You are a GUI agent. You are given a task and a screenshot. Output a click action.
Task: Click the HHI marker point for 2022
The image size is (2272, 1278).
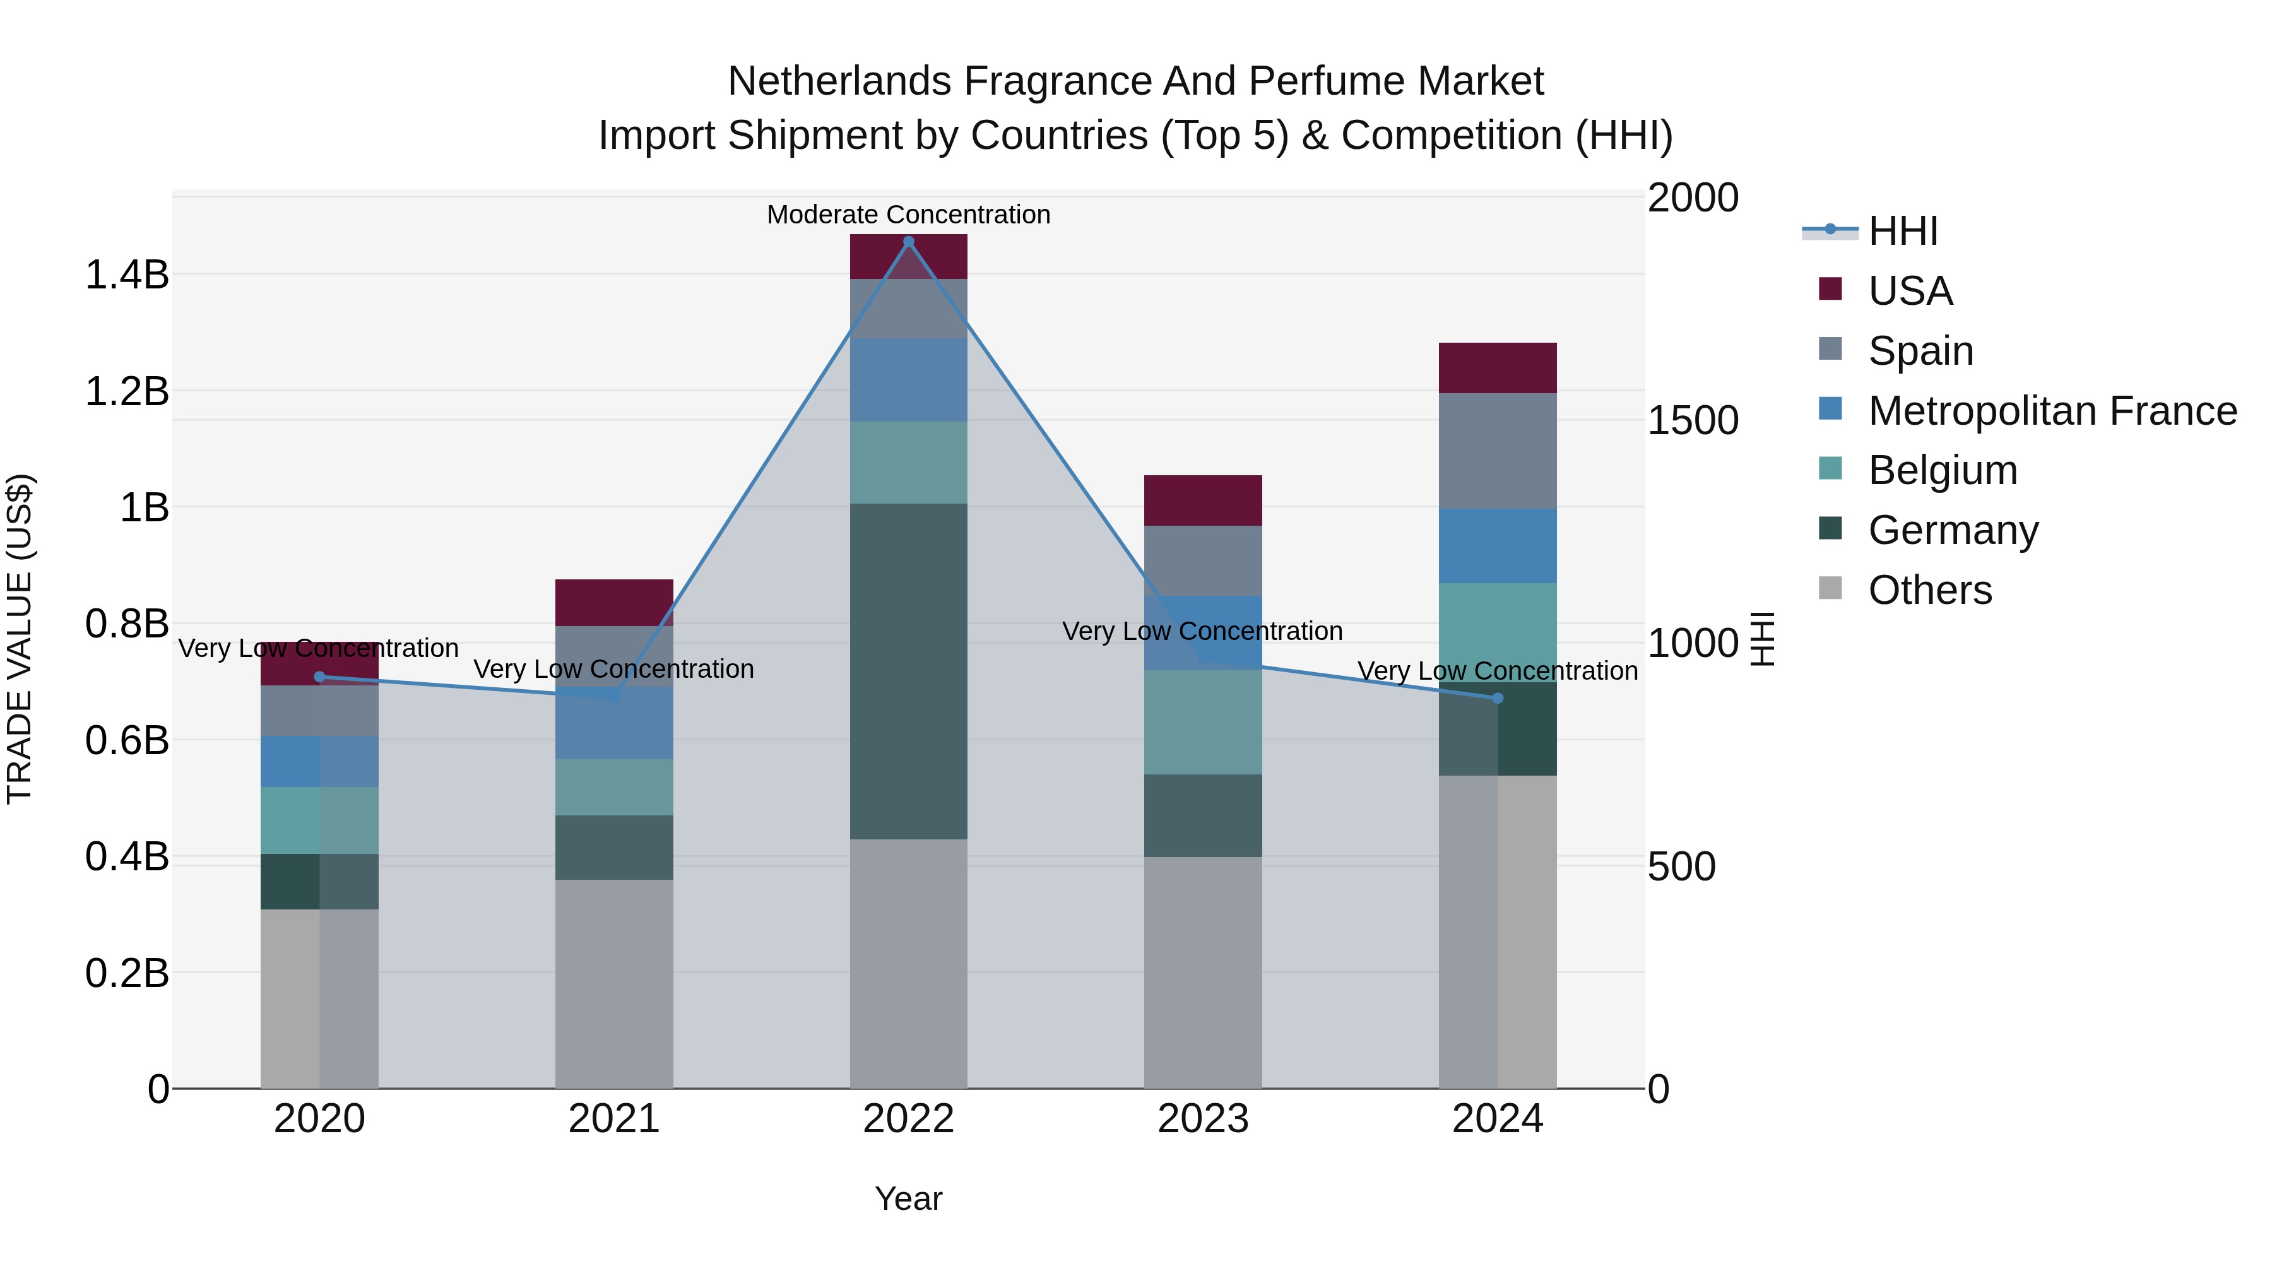coord(908,242)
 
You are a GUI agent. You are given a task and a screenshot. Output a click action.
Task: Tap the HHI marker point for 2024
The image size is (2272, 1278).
coord(1498,699)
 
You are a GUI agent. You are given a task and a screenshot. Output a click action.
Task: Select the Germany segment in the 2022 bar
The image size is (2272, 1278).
coord(908,670)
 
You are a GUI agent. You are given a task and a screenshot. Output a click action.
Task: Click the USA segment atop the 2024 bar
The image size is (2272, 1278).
coord(1498,368)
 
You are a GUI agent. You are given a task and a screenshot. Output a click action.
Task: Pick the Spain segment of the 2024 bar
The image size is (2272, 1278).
coord(1498,451)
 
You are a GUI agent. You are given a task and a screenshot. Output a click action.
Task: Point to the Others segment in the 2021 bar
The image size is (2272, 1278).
coord(614,983)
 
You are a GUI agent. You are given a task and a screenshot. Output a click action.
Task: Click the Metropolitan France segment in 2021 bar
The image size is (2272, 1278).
coord(614,723)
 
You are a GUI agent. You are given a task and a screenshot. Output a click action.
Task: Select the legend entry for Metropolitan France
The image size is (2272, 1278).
coord(2052,411)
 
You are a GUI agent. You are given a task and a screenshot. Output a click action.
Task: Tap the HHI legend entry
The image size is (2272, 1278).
coord(1902,231)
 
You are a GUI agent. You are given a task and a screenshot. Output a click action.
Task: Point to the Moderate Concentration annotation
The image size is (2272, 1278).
coord(908,215)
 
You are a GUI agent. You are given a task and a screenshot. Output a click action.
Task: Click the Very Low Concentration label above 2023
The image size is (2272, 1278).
coord(1202,632)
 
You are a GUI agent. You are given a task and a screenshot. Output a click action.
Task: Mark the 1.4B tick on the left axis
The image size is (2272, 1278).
coord(127,275)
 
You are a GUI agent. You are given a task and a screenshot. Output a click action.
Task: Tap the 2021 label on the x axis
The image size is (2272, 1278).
coord(614,1119)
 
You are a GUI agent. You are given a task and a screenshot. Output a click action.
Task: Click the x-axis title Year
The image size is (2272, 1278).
coord(908,1198)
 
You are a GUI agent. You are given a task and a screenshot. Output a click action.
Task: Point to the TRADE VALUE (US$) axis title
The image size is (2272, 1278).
coord(20,639)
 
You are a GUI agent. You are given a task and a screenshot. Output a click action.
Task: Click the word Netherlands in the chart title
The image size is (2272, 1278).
coord(839,81)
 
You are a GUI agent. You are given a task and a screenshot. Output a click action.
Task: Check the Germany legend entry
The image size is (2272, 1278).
coord(1953,530)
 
